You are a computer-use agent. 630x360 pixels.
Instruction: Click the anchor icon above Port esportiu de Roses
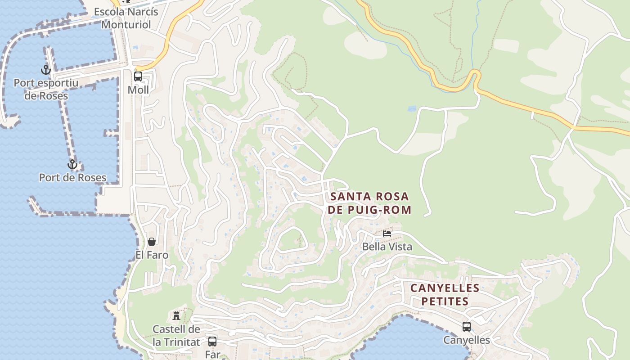[x=45, y=70]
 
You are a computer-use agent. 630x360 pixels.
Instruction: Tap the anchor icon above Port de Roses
[x=72, y=164]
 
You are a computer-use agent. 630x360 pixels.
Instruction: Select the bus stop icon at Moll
[x=138, y=76]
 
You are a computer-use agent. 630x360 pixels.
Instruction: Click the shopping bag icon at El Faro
[x=152, y=242]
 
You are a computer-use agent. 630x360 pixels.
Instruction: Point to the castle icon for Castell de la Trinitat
[x=176, y=315]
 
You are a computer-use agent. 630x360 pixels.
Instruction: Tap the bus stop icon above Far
[x=212, y=341]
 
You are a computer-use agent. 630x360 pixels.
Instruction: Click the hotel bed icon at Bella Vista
[x=387, y=234]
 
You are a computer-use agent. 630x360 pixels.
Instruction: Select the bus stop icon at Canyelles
[x=467, y=327]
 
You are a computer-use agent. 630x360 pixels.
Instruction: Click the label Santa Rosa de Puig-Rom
[x=369, y=203]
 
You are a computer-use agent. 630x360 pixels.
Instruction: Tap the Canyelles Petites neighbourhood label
[x=445, y=294]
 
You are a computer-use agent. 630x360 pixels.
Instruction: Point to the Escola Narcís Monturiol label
[x=126, y=18]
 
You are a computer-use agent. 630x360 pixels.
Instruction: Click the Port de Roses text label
[x=72, y=177]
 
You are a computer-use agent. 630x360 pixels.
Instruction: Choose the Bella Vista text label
[x=387, y=247]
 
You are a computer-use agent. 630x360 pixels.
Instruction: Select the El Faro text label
[x=152, y=255]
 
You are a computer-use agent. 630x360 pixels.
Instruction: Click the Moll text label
[x=138, y=90]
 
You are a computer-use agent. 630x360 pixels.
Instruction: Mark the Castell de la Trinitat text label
[x=176, y=335]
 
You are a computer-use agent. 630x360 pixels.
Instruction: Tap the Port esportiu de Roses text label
[x=46, y=89]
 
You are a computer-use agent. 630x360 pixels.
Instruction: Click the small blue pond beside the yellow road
[x=412, y=109]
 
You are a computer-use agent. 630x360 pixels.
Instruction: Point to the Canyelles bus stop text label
[x=467, y=340]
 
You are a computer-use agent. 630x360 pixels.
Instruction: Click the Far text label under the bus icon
[x=212, y=354]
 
